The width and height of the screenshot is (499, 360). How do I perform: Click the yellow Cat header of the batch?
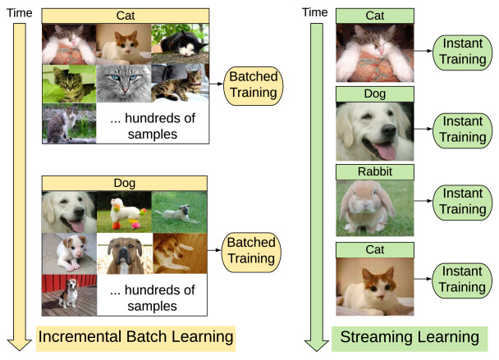click(125, 16)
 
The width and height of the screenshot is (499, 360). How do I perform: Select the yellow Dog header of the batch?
click(125, 182)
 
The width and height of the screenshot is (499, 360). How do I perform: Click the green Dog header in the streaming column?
click(374, 94)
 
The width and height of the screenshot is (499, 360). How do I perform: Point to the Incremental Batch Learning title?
click(135, 336)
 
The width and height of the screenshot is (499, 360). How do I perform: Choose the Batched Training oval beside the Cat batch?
click(251, 84)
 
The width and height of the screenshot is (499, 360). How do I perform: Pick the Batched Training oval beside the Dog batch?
click(251, 250)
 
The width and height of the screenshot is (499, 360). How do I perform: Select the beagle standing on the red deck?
click(69, 294)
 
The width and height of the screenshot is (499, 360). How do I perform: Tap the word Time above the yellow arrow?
click(19, 11)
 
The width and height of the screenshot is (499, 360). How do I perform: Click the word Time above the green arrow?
click(315, 11)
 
